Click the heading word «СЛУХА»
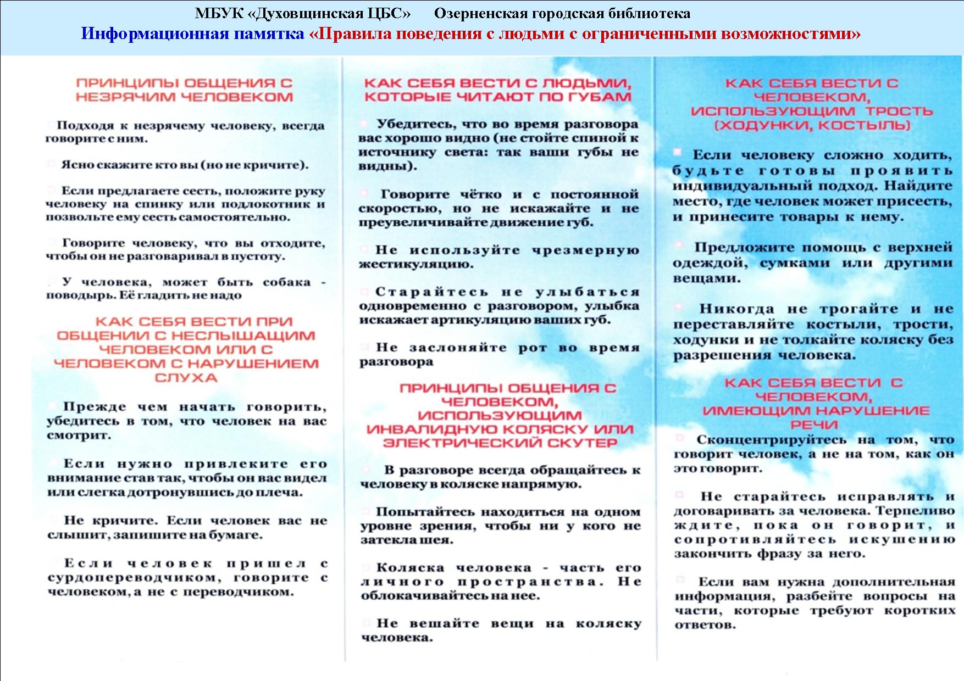pyautogui.click(x=186, y=378)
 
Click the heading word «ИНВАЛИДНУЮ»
pyautogui.click(x=433, y=429)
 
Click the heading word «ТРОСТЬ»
pyautogui.click(x=899, y=111)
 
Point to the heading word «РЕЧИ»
pyautogui.click(x=814, y=425)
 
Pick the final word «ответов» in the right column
pyautogui.click(x=705, y=625)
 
